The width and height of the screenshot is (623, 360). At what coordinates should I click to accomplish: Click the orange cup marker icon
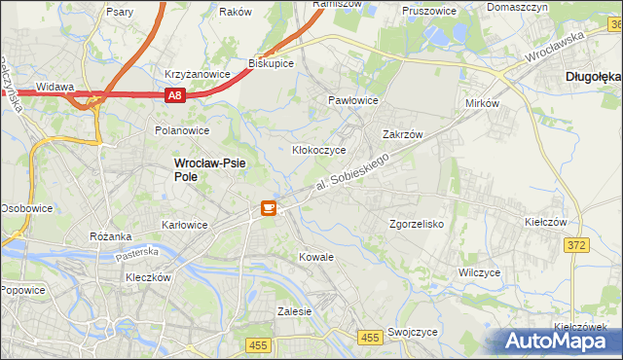point(268,207)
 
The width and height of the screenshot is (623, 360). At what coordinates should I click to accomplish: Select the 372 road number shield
point(575,245)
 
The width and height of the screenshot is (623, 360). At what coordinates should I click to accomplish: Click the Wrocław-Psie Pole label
point(209,170)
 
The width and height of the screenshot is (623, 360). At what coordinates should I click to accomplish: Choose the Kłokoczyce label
point(319,151)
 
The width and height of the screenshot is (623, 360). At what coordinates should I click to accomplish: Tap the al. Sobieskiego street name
point(357,172)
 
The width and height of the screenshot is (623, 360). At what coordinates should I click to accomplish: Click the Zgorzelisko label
point(417,224)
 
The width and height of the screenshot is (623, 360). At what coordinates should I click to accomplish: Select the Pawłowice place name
point(352,100)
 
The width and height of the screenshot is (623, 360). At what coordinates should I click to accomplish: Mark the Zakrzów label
point(401,135)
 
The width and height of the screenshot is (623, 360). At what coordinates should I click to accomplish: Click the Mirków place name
point(482,103)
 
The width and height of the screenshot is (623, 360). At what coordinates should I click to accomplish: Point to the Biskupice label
point(272,63)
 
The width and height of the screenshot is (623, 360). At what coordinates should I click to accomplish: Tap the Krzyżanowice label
point(197,74)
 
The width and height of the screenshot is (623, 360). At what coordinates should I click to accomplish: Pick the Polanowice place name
point(182,129)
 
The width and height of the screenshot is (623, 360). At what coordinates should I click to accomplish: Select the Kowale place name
point(316,257)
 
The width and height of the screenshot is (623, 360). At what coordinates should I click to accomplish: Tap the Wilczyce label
point(479,272)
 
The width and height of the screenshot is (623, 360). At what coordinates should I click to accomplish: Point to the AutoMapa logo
point(559,341)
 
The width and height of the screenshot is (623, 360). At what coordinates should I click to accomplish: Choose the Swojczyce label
point(411,332)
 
